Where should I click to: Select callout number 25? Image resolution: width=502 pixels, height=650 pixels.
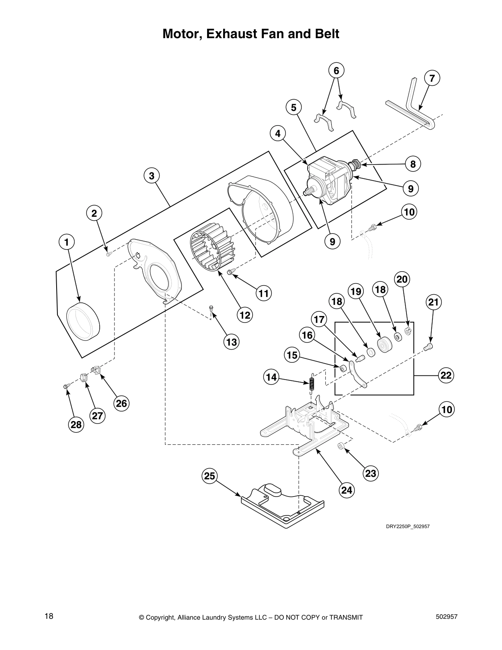[x=210, y=476]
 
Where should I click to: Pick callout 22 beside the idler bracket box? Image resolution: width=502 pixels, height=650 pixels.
[x=446, y=375]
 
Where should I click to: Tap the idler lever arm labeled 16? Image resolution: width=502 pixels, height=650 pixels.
[x=358, y=374]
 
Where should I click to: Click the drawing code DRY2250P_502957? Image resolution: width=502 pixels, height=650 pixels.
[x=407, y=526]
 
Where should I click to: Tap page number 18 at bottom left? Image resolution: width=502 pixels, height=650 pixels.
[x=49, y=616]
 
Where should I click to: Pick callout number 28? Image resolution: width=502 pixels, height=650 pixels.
[x=76, y=424]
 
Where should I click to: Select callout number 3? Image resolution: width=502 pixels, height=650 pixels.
[x=152, y=176]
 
